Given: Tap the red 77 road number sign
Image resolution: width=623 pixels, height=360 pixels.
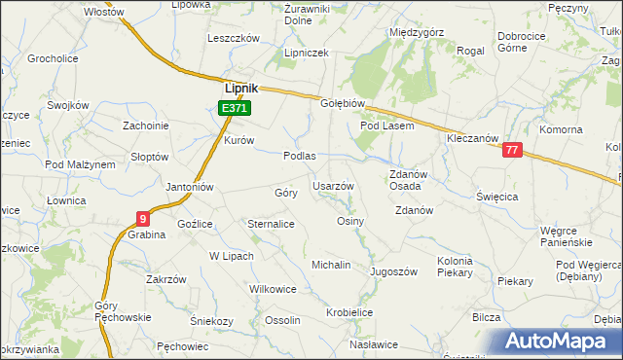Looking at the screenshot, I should (513, 151).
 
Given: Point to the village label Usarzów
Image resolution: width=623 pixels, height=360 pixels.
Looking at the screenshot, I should (333, 185).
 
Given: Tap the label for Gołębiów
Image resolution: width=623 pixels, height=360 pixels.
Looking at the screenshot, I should (343, 103).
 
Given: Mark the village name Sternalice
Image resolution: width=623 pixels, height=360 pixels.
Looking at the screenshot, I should (272, 224).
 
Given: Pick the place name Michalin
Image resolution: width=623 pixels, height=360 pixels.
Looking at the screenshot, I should (330, 265).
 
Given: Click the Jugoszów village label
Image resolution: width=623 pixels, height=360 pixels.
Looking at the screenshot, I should (393, 271).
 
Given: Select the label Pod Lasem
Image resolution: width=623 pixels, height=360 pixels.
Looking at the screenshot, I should (387, 126).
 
